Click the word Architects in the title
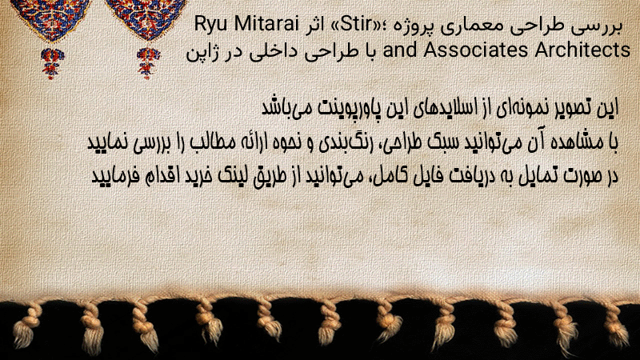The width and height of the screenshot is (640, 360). click(x=582, y=50)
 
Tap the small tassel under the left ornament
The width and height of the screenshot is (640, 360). click(x=52, y=63)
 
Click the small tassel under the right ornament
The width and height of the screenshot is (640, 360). click(x=148, y=63)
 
